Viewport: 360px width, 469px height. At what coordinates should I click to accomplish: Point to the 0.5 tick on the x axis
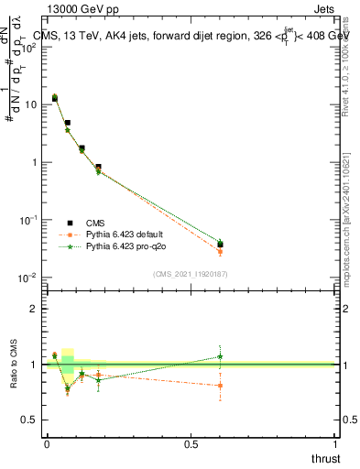[x=191, y=444]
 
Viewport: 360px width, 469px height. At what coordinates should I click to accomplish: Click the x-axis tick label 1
[x=335, y=444]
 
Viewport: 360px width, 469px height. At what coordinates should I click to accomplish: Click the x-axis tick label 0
[x=47, y=444]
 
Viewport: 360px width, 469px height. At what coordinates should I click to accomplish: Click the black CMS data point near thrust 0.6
[x=220, y=245]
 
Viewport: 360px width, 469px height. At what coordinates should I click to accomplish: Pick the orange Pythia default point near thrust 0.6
[x=220, y=251]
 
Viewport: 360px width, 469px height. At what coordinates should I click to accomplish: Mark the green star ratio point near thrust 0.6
[x=220, y=356]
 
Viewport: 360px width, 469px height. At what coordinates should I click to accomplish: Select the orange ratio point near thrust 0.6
[x=220, y=386]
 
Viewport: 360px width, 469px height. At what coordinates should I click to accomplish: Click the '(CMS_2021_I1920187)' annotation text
[x=191, y=273]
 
